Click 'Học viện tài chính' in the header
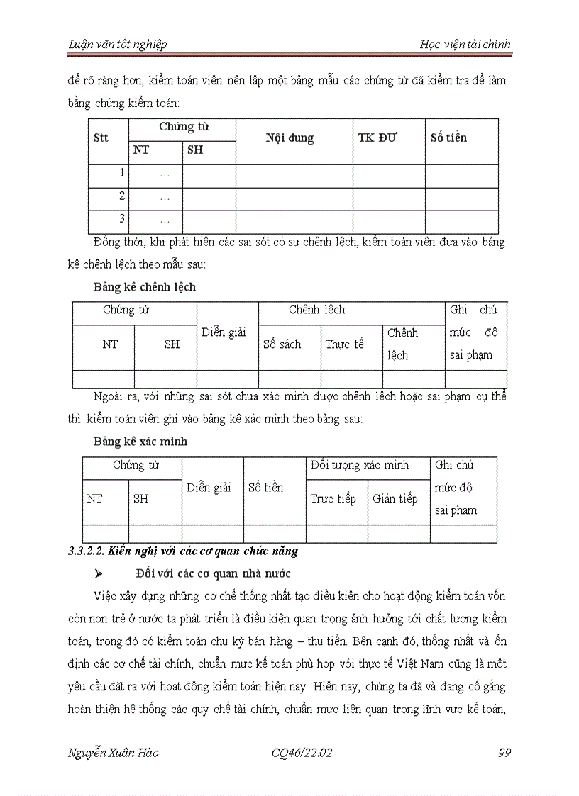(x=464, y=45)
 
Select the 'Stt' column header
(x=101, y=138)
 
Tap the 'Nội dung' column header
(x=289, y=138)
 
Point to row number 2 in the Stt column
(x=122, y=196)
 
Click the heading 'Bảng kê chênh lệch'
(x=145, y=287)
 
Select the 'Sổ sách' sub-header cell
(x=282, y=344)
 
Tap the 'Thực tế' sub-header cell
(x=344, y=344)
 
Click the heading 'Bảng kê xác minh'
(x=140, y=441)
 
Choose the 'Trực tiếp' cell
(x=333, y=499)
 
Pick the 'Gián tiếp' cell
(x=395, y=499)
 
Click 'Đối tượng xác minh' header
(x=360, y=466)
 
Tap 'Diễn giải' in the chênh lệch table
(x=224, y=332)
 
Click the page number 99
(x=504, y=753)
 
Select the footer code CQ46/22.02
(x=302, y=753)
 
